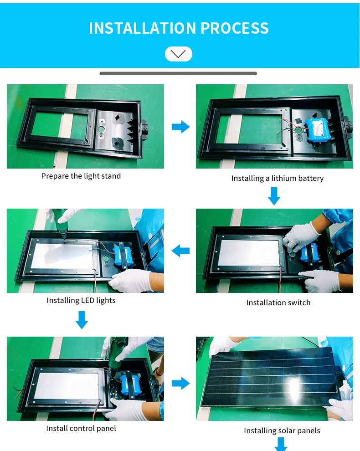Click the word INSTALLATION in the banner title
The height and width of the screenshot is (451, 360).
click(143, 28)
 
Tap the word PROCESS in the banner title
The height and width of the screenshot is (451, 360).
click(235, 28)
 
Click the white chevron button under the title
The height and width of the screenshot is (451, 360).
click(179, 54)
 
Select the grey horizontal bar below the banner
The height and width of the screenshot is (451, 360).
click(178, 73)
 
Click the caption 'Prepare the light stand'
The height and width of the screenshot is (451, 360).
click(81, 176)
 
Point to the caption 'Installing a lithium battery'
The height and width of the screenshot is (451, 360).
click(278, 178)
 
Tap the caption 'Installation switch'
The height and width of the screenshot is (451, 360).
click(278, 302)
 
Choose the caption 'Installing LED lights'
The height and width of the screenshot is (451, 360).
click(81, 301)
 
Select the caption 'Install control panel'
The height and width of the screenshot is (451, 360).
click(81, 429)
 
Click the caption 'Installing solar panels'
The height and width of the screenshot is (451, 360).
click(282, 430)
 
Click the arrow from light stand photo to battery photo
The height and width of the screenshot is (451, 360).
click(181, 127)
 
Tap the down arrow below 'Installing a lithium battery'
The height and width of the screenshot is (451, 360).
click(274, 196)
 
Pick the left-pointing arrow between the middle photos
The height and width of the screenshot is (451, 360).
click(180, 251)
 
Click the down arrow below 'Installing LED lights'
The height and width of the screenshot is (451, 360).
click(82, 320)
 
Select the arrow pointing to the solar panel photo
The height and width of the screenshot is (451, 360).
click(181, 383)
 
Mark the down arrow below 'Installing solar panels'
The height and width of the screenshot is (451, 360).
click(281, 444)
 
